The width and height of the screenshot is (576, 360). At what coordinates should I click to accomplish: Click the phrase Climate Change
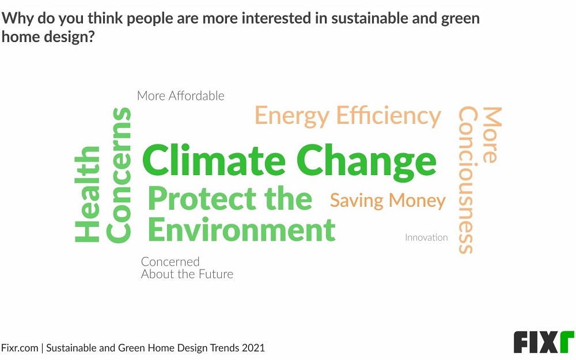click(290, 162)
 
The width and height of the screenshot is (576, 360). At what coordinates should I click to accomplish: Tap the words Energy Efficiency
click(347, 116)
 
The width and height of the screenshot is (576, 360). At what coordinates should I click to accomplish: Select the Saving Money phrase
click(388, 200)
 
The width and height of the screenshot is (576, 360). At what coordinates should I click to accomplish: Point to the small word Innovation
click(426, 237)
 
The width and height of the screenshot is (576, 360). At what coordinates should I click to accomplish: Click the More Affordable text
click(180, 96)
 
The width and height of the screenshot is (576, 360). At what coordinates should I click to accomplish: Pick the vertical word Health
click(88, 194)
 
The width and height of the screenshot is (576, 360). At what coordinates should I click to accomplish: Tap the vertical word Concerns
click(119, 175)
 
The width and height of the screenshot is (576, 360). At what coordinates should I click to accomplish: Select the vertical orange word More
click(492, 135)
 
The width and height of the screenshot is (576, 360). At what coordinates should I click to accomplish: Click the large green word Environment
click(242, 230)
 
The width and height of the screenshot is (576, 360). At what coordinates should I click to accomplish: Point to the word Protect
click(202, 198)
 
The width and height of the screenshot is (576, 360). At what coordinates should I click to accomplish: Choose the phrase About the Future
click(187, 274)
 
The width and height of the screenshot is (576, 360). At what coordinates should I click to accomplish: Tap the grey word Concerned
click(170, 262)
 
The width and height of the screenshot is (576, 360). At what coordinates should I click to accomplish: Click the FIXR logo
click(544, 342)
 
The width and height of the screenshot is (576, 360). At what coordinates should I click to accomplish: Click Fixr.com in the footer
click(20, 348)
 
